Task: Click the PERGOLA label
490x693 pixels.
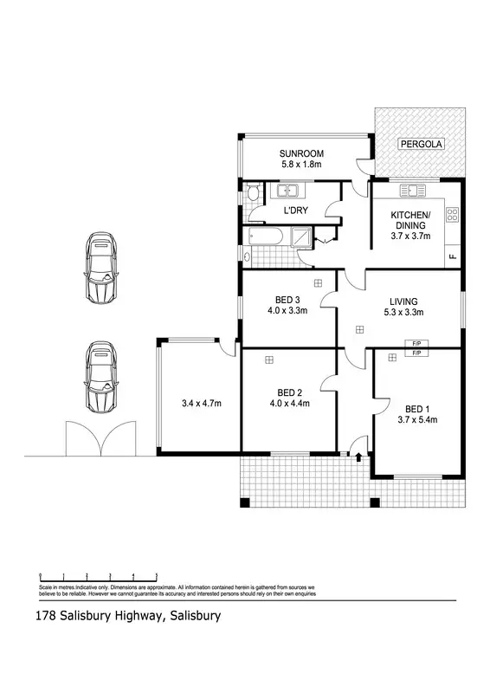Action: click(420, 146)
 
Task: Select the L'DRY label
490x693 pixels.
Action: click(296, 210)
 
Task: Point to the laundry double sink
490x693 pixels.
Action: click(287, 190)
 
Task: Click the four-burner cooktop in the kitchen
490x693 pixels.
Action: click(452, 214)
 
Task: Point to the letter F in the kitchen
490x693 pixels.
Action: click(452, 257)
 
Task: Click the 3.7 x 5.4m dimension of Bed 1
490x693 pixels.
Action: click(416, 419)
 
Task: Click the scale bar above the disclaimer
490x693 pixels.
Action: click(97, 577)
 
